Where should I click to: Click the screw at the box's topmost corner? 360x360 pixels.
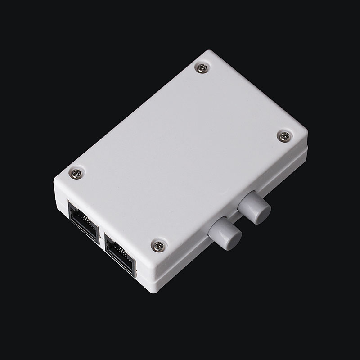click(202, 68)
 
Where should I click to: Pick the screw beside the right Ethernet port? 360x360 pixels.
click(158, 245)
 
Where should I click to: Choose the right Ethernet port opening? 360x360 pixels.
click(120, 254)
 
